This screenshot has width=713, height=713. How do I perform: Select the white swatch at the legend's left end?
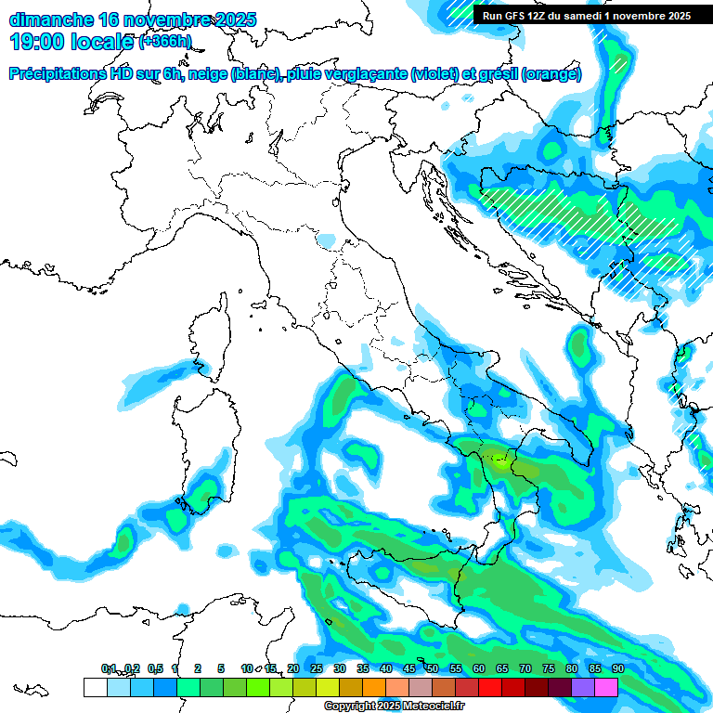[x=95, y=687]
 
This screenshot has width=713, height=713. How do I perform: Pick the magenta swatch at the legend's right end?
[x=605, y=687]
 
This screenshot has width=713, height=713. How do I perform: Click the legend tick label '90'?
[x=617, y=668]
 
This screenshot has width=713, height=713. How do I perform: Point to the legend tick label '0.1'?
[x=110, y=668]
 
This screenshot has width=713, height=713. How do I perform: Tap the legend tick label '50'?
[x=432, y=668]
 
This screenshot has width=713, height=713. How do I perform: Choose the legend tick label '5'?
[x=221, y=668]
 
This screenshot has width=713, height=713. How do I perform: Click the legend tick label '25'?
[x=316, y=668]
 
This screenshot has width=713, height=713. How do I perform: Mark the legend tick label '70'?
[x=525, y=668]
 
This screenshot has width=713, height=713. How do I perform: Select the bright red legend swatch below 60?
[x=489, y=687]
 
